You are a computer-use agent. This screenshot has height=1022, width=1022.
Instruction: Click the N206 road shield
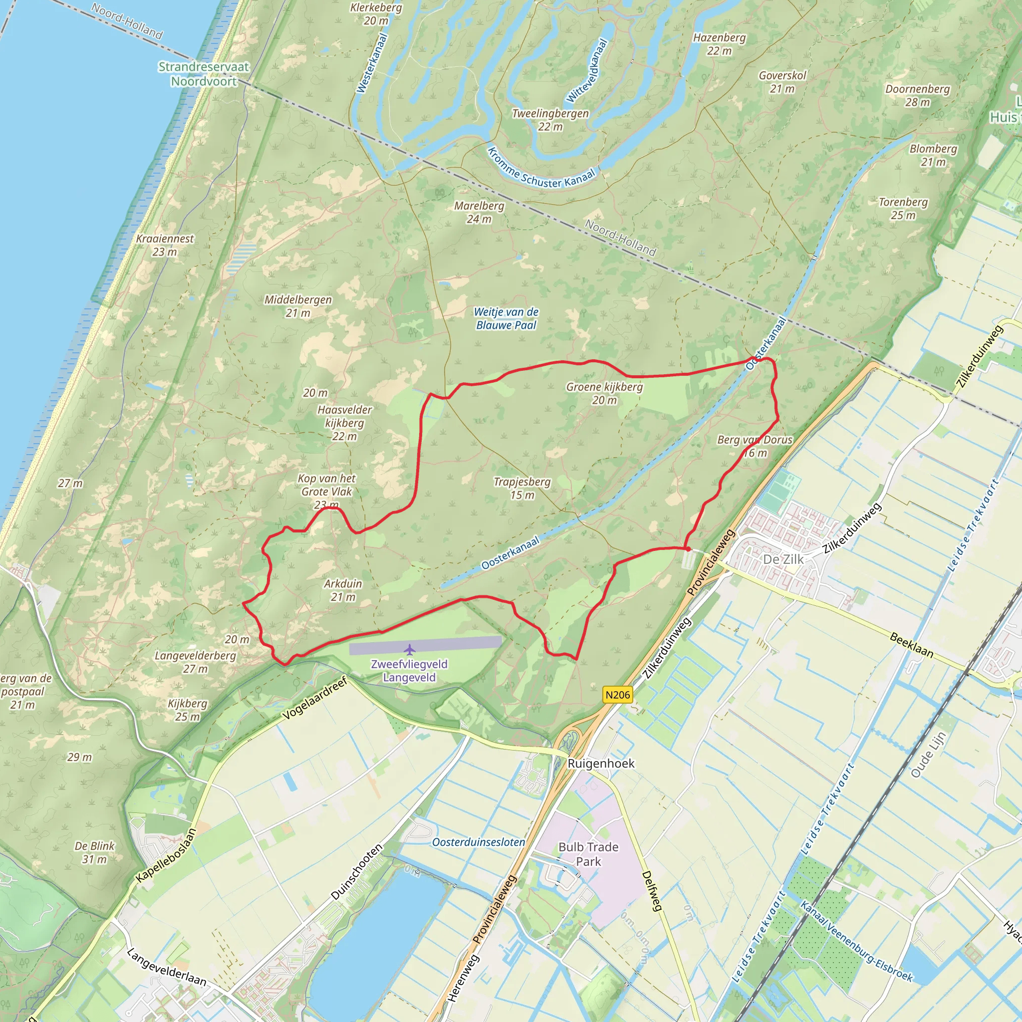point(617,695)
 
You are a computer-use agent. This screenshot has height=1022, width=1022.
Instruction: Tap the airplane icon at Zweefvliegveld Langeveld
point(409,649)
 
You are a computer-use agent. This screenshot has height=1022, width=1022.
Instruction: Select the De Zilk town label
point(783,559)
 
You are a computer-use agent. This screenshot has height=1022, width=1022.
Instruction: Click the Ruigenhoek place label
point(601,764)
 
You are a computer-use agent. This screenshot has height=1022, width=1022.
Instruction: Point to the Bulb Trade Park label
point(588,854)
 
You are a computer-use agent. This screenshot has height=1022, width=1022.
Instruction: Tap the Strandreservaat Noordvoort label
point(204,74)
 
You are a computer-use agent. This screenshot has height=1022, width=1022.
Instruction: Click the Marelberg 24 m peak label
point(479,212)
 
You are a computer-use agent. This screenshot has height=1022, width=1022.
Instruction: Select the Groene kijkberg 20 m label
point(604,393)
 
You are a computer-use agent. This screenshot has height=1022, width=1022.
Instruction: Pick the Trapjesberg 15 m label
point(522,488)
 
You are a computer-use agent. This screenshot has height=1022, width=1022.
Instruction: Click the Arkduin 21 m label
point(343,590)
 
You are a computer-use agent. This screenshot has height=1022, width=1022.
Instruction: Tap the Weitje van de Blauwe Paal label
point(506,318)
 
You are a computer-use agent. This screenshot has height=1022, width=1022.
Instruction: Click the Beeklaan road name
point(911,645)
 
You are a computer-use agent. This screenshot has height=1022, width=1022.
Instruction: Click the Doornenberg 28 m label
point(918,95)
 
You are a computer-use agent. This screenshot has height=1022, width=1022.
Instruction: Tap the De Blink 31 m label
point(94,852)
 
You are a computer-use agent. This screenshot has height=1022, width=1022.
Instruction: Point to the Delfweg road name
point(652,891)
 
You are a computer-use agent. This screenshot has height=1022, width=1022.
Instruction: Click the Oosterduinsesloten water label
point(478,842)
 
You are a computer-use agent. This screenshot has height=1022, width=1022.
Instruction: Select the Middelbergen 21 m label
point(298,306)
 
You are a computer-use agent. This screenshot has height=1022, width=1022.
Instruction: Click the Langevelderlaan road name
point(166,968)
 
